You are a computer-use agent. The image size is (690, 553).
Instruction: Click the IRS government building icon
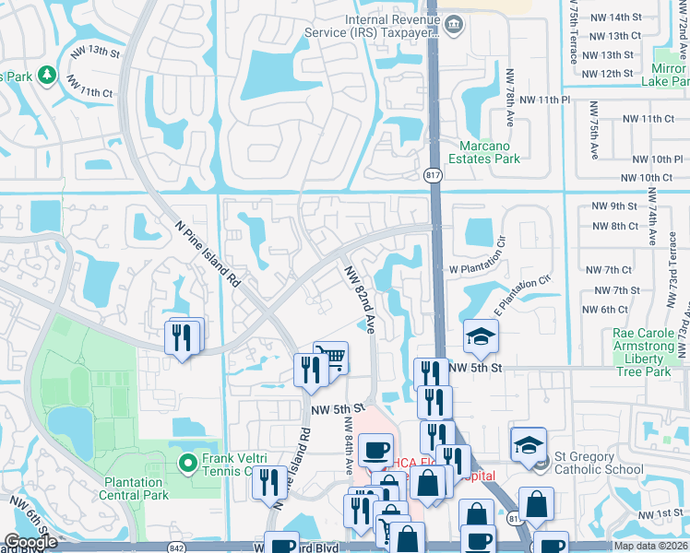click(x=452, y=24)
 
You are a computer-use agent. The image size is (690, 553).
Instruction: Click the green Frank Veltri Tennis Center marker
click(x=188, y=463)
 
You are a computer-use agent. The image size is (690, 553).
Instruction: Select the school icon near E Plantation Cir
click(x=481, y=337)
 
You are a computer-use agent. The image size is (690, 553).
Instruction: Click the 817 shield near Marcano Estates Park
click(x=434, y=175)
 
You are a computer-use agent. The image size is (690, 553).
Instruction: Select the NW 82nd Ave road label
click(x=360, y=299)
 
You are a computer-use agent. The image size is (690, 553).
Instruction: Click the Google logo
click(x=30, y=542)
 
